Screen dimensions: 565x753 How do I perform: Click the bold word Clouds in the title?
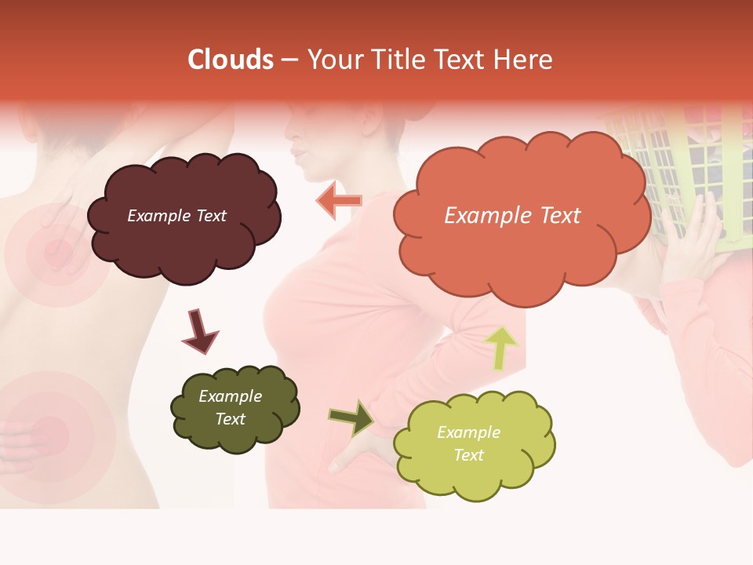[231, 60]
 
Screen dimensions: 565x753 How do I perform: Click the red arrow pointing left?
[338, 201]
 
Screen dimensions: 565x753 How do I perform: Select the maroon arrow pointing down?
[199, 331]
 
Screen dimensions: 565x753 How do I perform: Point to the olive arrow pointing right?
[351, 418]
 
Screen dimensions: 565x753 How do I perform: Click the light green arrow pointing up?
[501, 348]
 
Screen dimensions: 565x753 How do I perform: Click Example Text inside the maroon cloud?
[176, 216]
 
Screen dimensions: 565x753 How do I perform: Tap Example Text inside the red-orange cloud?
[512, 215]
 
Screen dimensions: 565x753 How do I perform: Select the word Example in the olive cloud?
[230, 396]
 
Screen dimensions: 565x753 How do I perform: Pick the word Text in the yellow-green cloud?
[468, 455]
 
